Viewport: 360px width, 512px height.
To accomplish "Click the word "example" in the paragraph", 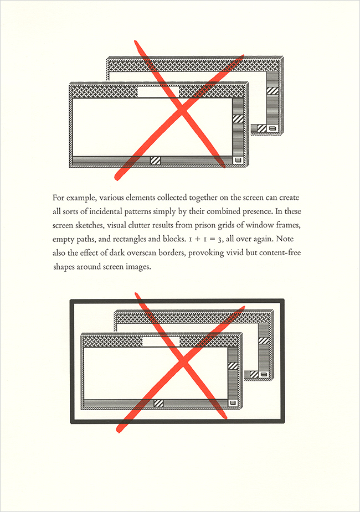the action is click(x=81, y=198).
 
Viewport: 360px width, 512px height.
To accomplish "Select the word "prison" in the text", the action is click(x=204, y=226).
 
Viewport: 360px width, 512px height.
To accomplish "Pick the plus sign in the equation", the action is click(x=197, y=239).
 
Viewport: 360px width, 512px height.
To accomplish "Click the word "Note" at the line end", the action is click(x=285, y=239).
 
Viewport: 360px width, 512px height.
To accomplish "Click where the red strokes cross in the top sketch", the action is click(x=183, y=111).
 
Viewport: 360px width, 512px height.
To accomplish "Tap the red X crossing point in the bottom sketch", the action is click(x=183, y=363).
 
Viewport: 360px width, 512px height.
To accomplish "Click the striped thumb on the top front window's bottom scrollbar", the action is click(x=156, y=161).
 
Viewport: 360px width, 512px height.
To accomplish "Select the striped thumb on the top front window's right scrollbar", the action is click(x=239, y=118).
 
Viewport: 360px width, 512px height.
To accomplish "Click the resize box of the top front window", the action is click(x=238, y=160).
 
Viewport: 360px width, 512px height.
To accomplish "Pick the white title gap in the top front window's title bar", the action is click(x=158, y=92).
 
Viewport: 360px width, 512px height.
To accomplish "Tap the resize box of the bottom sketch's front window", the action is click(x=232, y=402).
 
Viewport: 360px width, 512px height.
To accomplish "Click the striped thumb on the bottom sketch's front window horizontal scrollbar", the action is click(x=158, y=403).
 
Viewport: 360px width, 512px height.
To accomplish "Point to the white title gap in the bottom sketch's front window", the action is click(x=161, y=342).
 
